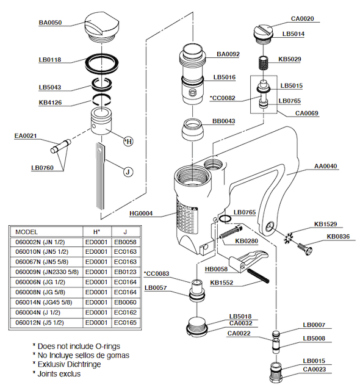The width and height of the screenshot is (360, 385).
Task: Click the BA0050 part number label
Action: coord(50,23)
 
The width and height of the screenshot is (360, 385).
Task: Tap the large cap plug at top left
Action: coord(102,28)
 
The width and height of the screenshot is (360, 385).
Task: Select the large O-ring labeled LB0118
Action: coord(102,63)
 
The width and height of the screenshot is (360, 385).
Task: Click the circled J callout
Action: coord(128,171)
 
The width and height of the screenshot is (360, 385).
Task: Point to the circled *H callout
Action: coord(128,142)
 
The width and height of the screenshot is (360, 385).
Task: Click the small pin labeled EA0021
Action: coord(60,146)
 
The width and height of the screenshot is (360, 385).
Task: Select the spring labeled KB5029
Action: coord(263,63)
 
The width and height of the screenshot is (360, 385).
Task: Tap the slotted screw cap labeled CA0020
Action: coord(262,34)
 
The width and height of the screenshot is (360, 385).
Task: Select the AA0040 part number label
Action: coord(326,166)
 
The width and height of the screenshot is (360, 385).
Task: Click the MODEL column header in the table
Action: coord(26,232)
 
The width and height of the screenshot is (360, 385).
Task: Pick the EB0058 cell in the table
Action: coord(125,242)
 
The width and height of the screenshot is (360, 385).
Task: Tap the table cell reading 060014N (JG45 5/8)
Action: coord(44,302)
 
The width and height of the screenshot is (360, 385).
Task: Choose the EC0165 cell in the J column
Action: coord(125,322)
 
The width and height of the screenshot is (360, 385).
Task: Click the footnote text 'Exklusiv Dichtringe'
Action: coord(69,364)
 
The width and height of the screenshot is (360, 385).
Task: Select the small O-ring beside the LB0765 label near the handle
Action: coord(225,219)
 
